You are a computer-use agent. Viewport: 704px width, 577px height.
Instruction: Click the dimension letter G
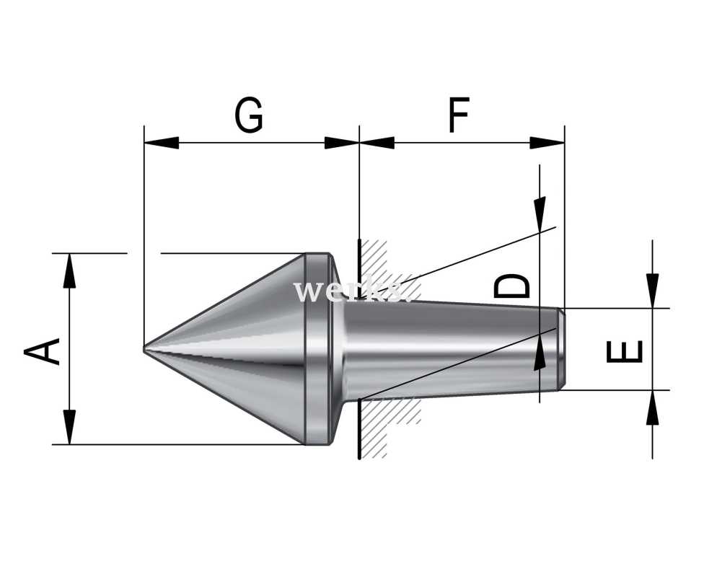pyautogui.click(x=249, y=115)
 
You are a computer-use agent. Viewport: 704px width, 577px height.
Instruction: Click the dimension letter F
pyautogui.click(x=459, y=115)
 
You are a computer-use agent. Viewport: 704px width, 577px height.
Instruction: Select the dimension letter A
pyautogui.click(x=42, y=351)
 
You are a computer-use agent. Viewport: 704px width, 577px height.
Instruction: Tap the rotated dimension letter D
pyautogui.click(x=512, y=286)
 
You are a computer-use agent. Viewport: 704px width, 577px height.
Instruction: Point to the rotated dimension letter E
pyautogui.click(x=625, y=351)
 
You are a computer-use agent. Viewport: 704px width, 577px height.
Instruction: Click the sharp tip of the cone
pyautogui.click(x=144, y=349)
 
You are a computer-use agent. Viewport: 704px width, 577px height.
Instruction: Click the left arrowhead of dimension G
pyautogui.click(x=161, y=143)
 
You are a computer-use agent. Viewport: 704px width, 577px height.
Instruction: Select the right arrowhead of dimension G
pyautogui.click(x=342, y=143)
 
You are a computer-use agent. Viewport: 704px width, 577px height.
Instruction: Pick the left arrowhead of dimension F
pyautogui.click(x=377, y=143)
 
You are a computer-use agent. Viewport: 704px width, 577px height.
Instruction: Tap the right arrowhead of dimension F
pyautogui.click(x=547, y=143)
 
